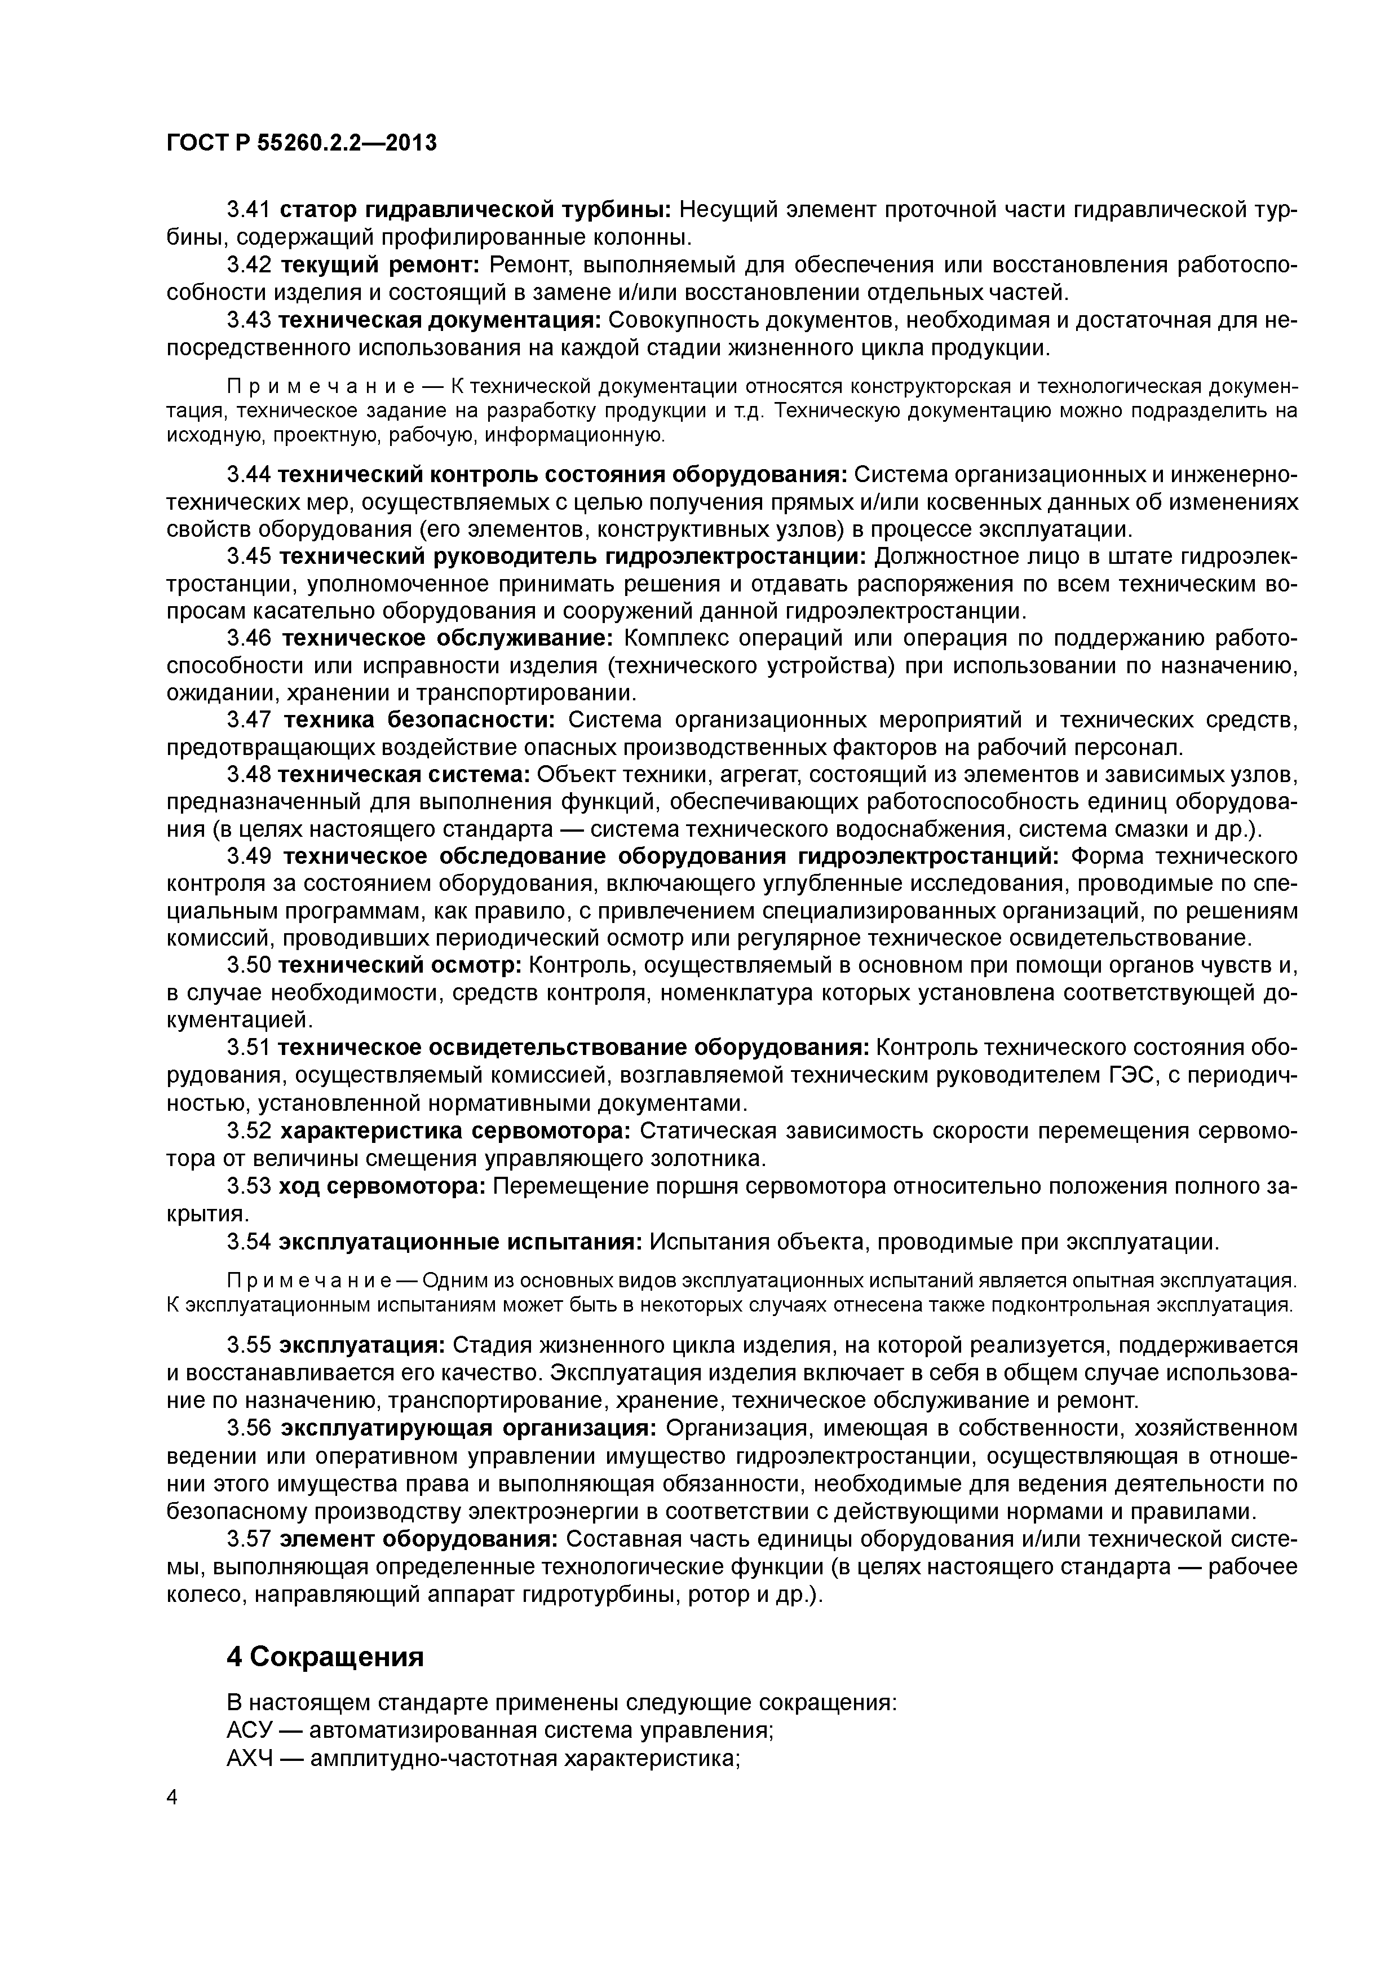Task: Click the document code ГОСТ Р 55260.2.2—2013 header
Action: tap(302, 142)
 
